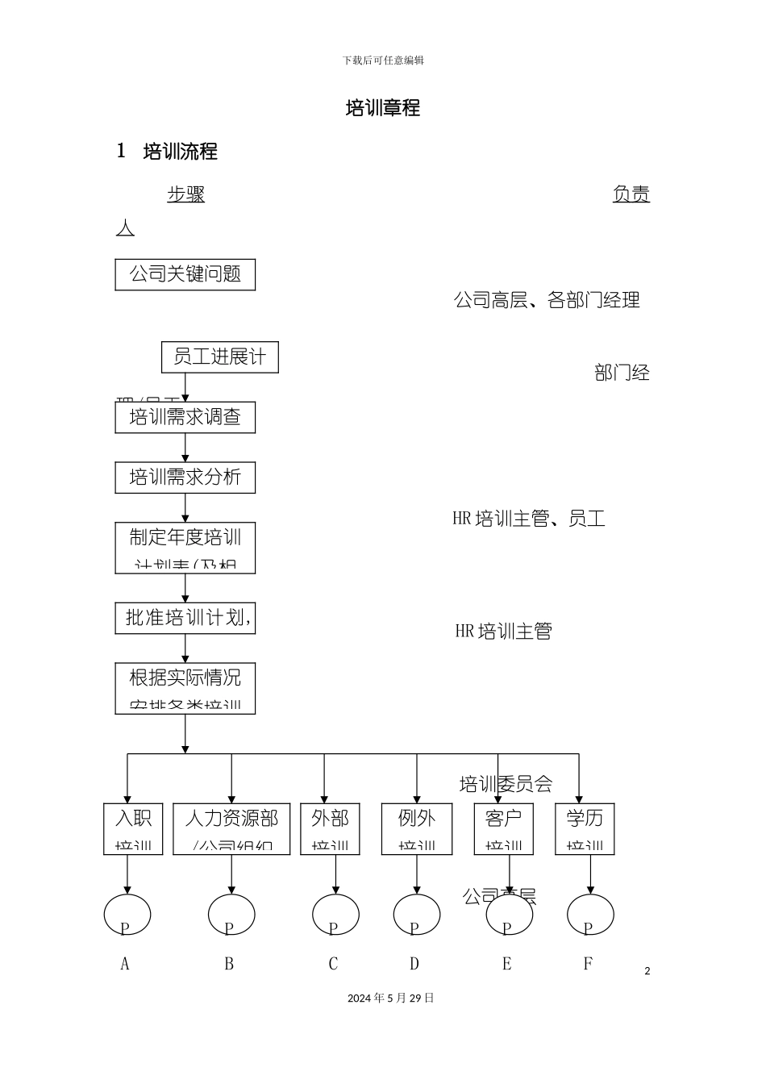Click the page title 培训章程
[x=383, y=108]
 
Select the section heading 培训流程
[x=180, y=152]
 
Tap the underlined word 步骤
[x=185, y=194]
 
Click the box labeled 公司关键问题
[x=185, y=274]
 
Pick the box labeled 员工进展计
[x=219, y=356]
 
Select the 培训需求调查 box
[x=185, y=417]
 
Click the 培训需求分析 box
[x=185, y=477]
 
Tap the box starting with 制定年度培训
[x=185, y=548]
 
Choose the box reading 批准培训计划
[x=185, y=618]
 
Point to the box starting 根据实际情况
[x=185, y=688]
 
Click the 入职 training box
[x=133, y=828]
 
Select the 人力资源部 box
[x=231, y=828]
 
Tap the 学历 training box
[x=585, y=828]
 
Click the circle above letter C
[x=335, y=915]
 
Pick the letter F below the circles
[x=588, y=964]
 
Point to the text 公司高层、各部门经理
[x=547, y=301]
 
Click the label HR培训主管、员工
[x=529, y=519]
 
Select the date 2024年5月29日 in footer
[x=390, y=999]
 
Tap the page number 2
[x=647, y=971]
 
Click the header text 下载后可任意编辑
[x=383, y=60]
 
